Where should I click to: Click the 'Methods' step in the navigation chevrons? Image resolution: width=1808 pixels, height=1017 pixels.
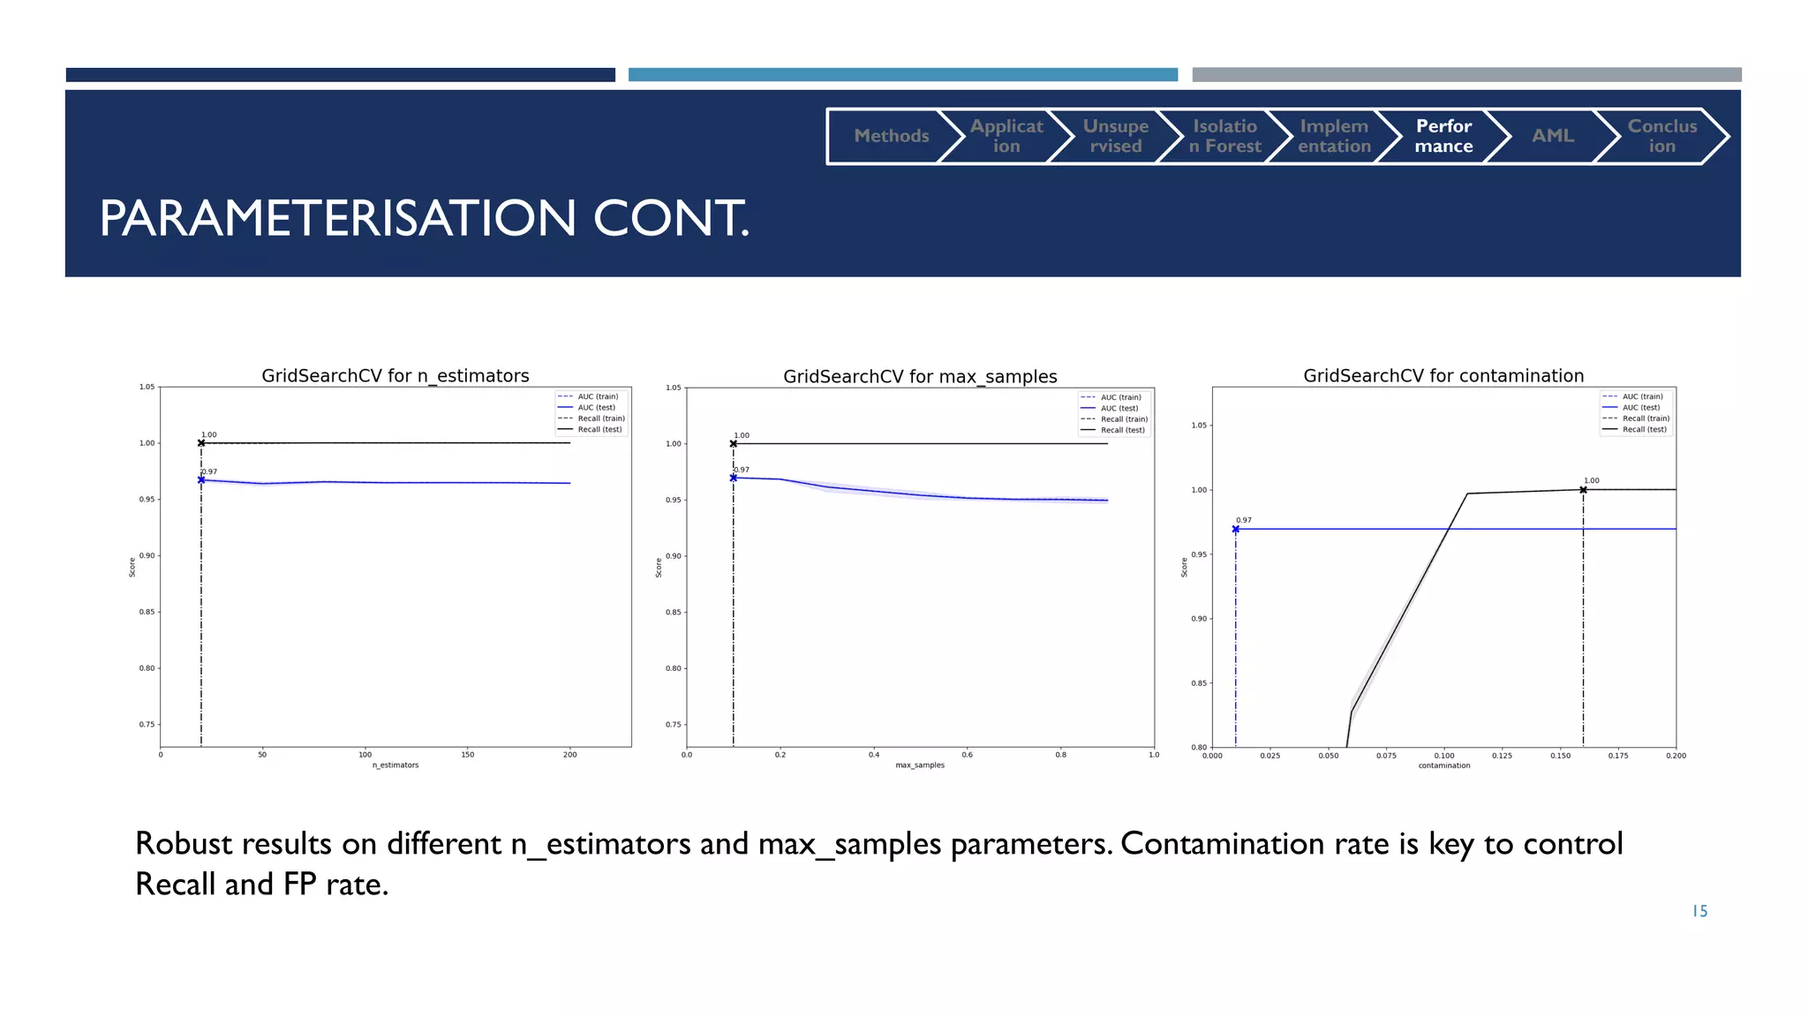[891, 136]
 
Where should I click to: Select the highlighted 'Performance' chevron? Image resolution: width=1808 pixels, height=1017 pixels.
[1443, 136]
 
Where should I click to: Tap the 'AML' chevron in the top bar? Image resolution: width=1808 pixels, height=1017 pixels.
[1552, 136]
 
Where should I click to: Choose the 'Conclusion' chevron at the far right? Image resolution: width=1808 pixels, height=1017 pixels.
[1661, 136]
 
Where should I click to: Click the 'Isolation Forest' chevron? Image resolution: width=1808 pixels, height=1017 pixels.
[1224, 136]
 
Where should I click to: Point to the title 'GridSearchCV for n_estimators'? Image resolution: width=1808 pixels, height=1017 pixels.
[395, 375]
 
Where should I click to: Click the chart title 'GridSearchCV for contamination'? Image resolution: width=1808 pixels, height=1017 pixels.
[1443, 375]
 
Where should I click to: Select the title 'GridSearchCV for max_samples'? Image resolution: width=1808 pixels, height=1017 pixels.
[920, 376]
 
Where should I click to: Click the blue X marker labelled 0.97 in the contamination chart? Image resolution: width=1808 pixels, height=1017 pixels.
[1235, 529]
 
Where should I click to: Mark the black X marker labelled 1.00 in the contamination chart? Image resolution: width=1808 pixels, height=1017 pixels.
[1583, 489]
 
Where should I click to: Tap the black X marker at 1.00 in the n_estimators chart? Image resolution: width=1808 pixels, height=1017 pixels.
[201, 443]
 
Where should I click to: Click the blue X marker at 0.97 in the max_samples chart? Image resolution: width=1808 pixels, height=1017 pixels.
[733, 478]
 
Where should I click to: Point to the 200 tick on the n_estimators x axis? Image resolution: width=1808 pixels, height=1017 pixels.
[569, 755]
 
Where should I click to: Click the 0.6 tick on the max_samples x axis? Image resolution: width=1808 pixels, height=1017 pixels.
[967, 755]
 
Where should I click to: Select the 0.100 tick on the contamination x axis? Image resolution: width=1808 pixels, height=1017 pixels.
[1444, 756]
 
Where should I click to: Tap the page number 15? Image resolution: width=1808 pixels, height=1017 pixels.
[1699, 911]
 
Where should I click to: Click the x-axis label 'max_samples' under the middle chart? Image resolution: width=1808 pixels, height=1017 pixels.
[920, 765]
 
